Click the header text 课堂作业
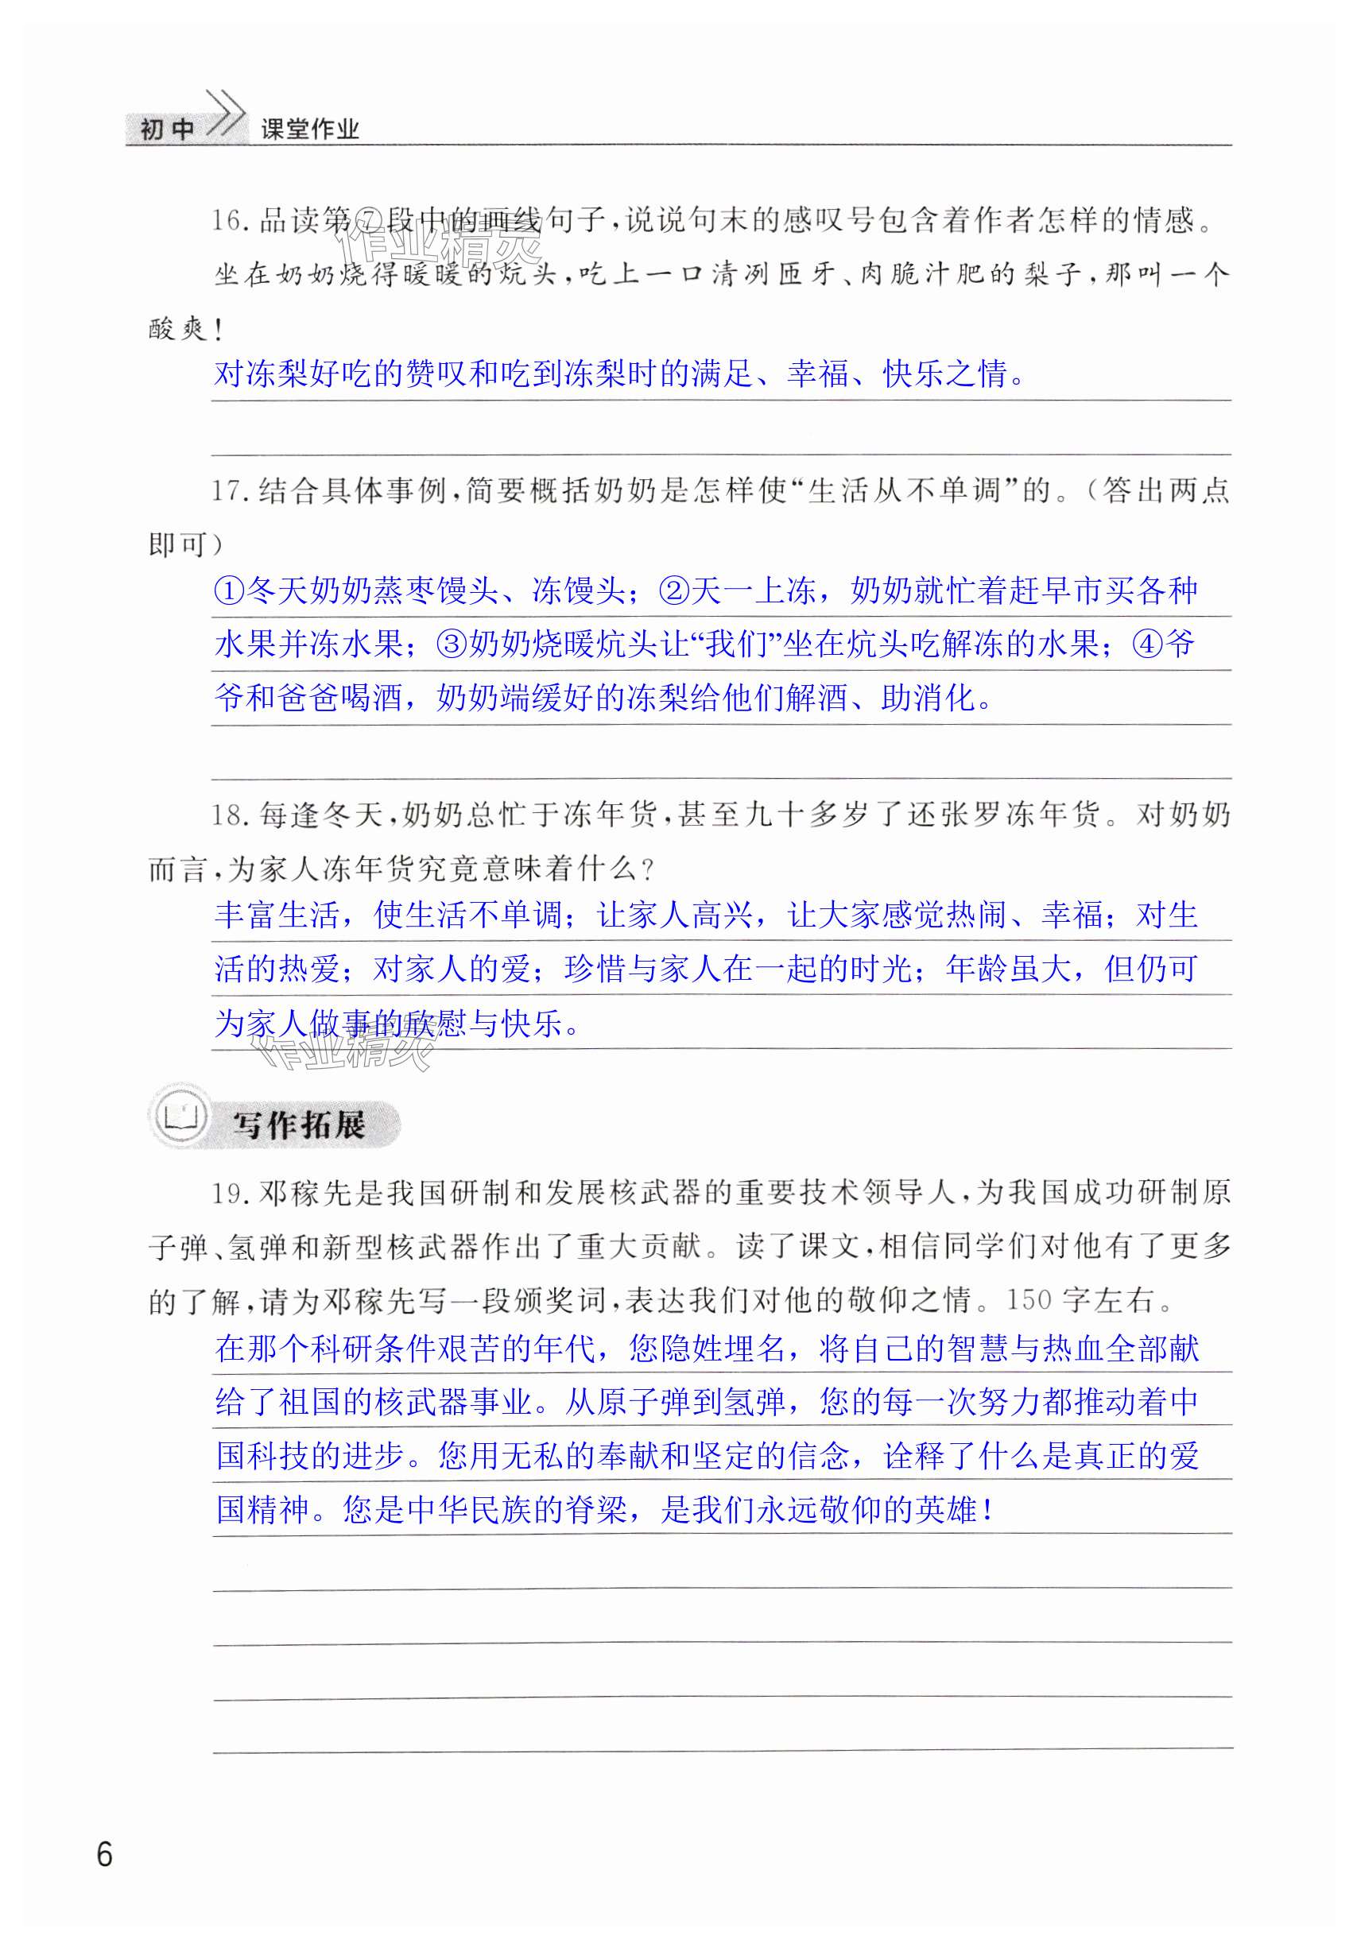click(x=309, y=129)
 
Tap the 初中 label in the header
click(x=167, y=129)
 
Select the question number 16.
click(x=228, y=222)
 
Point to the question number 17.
click(x=228, y=491)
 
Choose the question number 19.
click(x=228, y=1193)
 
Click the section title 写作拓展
click(x=299, y=1125)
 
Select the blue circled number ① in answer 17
click(x=229, y=590)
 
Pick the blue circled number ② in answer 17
click(x=674, y=590)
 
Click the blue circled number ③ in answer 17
click(x=452, y=644)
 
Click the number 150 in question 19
click(x=1028, y=1300)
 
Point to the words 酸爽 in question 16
click(x=178, y=328)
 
